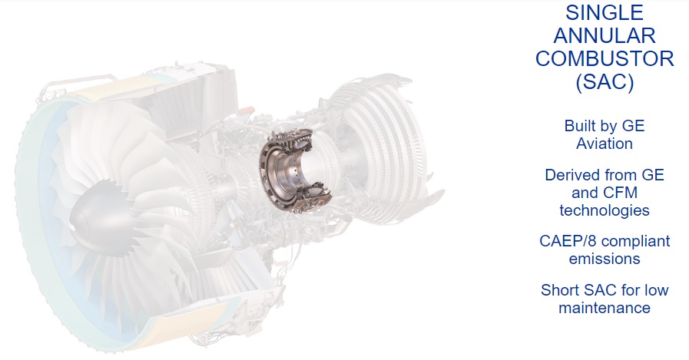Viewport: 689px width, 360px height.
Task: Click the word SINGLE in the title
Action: pos(605,12)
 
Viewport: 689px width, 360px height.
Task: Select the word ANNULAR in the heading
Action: pos(605,35)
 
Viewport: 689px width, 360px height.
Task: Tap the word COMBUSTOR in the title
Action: pos(605,59)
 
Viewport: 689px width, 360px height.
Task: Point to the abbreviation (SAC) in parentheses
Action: pos(605,82)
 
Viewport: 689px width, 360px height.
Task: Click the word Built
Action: pos(581,126)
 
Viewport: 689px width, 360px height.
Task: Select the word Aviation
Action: pos(605,144)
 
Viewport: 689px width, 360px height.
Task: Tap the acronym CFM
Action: pos(620,193)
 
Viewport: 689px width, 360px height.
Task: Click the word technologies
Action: pos(605,210)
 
